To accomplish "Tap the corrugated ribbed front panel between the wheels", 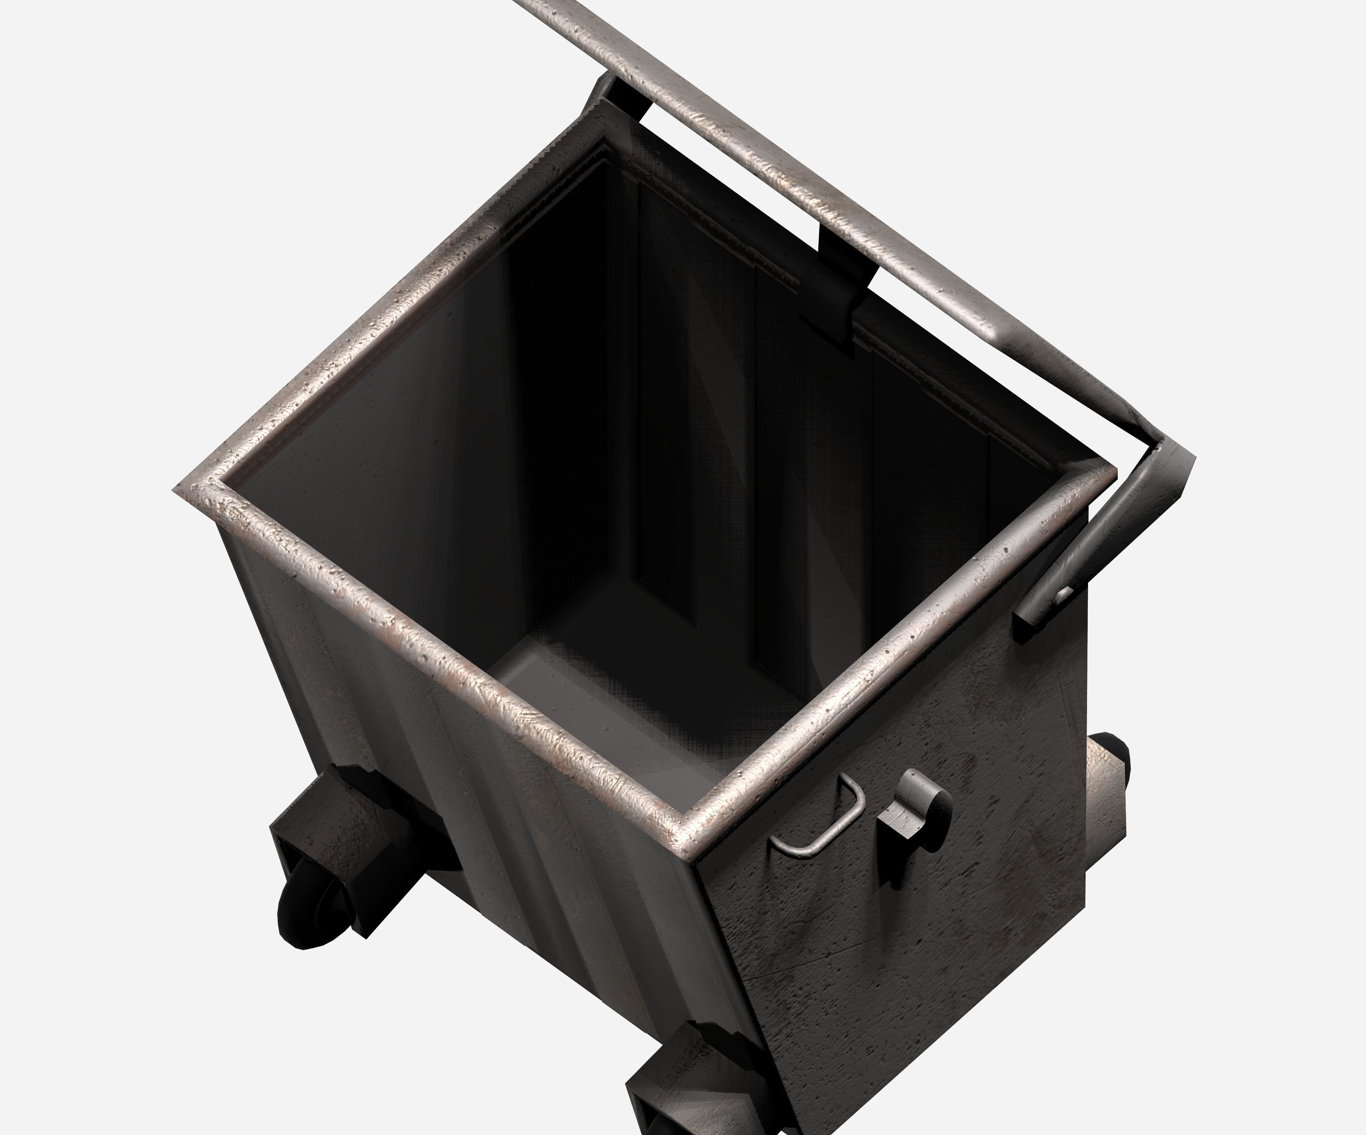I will pyautogui.click(x=520, y=878).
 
